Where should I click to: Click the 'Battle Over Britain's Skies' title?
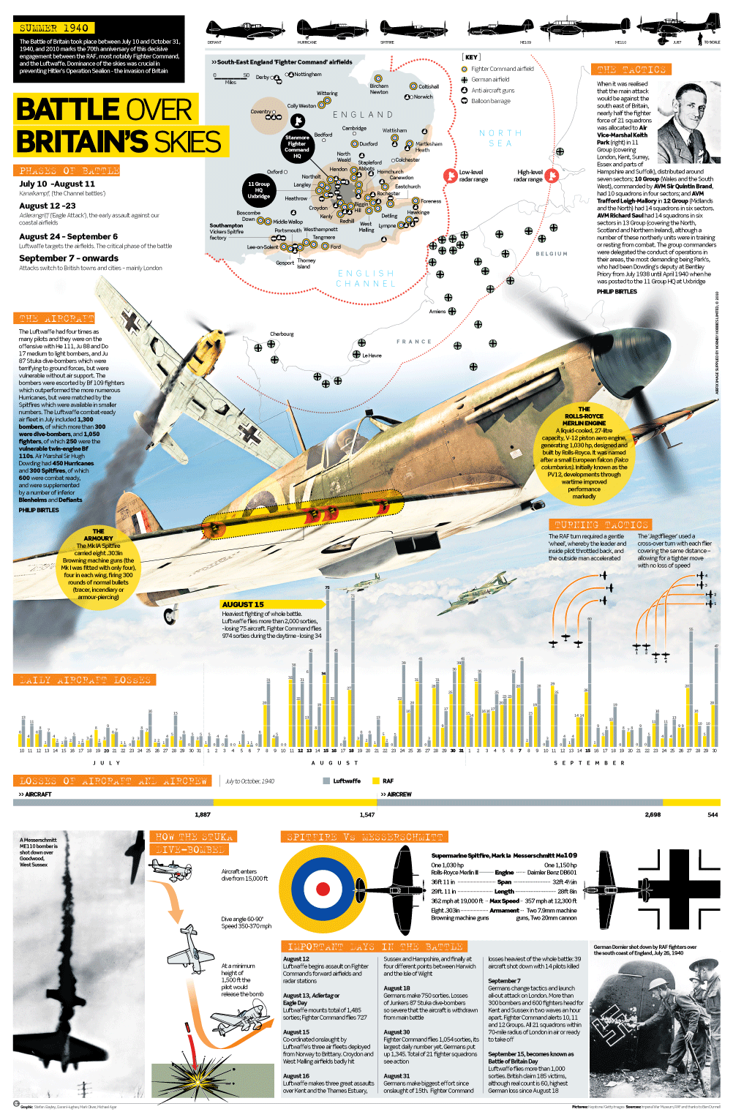(x=117, y=125)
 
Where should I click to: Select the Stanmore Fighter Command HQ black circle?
(x=297, y=146)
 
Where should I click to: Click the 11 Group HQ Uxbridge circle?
(x=258, y=190)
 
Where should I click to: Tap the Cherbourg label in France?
(x=282, y=334)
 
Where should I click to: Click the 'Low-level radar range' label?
(x=473, y=176)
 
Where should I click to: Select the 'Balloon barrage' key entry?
(x=490, y=101)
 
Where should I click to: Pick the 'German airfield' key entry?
(x=489, y=80)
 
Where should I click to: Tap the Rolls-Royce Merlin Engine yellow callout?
(x=584, y=454)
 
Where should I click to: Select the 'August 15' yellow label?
(x=243, y=604)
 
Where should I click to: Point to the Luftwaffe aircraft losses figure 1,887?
(x=203, y=814)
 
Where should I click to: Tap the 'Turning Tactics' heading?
(x=601, y=525)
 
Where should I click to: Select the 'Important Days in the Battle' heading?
(x=375, y=947)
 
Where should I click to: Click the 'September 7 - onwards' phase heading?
(x=69, y=258)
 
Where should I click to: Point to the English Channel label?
(x=366, y=278)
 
